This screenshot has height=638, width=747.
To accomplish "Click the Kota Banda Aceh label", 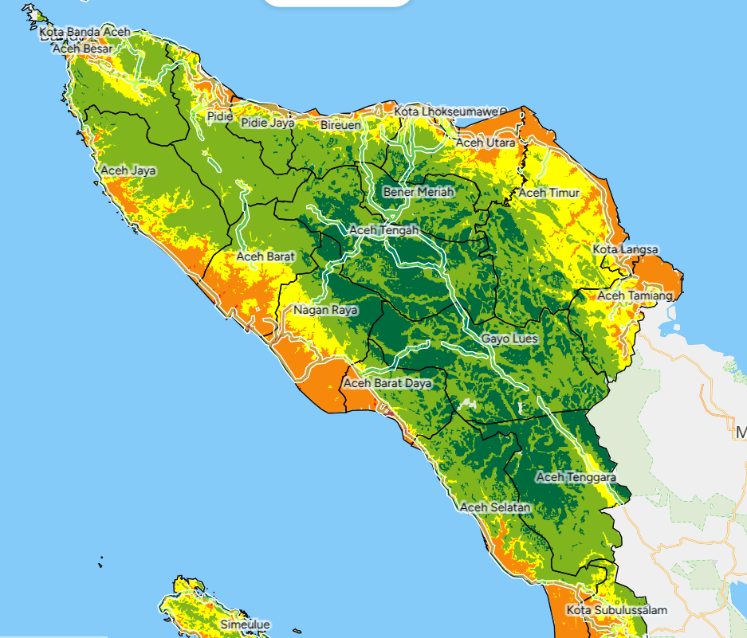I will [85, 32].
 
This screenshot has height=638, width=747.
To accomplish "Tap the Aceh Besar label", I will [84, 49].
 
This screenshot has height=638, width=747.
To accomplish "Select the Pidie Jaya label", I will [268, 123].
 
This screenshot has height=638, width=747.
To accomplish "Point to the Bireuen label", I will [340, 126].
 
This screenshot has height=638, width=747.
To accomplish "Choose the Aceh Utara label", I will [485, 143].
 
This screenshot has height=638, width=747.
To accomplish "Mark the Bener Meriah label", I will [419, 192].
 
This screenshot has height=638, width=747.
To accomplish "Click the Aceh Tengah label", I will [384, 230].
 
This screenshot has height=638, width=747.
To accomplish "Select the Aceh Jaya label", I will [128, 170].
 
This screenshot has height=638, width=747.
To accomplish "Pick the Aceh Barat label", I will [265, 256].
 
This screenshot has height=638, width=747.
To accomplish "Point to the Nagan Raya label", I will [325, 310].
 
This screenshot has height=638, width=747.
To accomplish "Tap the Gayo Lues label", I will [509, 339].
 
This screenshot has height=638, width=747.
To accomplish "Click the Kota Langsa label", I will [625, 249].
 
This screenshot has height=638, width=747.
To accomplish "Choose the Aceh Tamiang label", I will [635, 296].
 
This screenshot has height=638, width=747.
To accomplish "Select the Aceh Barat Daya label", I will [387, 383].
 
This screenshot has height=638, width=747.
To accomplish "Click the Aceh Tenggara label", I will [576, 477].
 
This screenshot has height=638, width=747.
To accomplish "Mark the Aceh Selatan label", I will [495, 507].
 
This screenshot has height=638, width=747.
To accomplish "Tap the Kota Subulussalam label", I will [617, 610].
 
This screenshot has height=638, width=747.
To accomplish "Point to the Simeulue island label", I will [245, 624].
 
